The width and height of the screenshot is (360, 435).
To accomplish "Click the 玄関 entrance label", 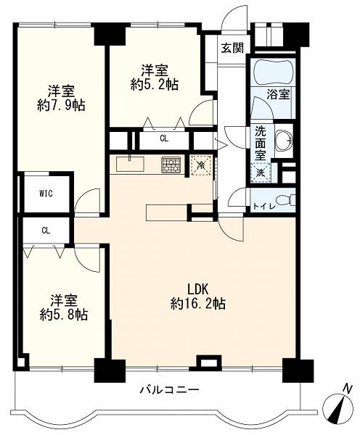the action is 232,48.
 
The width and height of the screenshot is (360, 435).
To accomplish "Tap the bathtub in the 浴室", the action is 274,72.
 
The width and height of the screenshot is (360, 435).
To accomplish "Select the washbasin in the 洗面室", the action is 284,141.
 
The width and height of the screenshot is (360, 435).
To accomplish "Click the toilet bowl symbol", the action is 285,200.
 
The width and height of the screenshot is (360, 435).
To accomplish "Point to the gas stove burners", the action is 171,165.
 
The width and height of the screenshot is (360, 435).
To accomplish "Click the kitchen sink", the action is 130,165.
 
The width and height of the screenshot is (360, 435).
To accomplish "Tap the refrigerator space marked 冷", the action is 200,165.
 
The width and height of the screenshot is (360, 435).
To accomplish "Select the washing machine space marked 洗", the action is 261,173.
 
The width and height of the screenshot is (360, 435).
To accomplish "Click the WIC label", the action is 46,194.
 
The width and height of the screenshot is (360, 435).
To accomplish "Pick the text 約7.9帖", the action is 61,106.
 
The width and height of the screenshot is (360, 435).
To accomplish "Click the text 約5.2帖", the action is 155,84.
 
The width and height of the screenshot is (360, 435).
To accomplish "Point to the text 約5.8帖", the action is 64,315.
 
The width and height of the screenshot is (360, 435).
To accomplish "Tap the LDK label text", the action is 197,289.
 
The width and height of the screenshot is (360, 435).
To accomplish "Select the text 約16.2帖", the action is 197,304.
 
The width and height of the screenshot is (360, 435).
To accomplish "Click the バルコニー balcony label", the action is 169,390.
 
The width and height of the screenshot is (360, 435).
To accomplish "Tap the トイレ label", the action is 264,206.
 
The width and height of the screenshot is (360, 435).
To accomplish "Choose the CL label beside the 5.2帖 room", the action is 164,138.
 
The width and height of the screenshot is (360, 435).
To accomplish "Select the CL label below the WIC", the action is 46,231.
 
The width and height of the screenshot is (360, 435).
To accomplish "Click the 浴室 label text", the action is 278,94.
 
